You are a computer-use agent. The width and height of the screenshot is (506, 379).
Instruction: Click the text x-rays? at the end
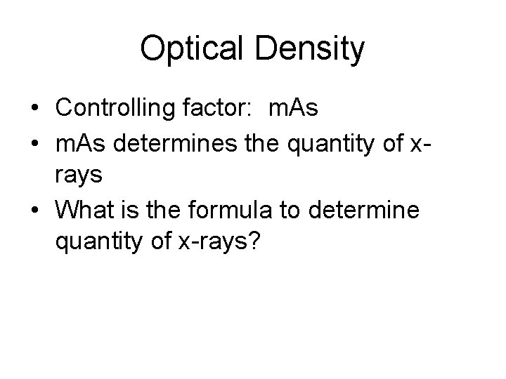tap(227, 243)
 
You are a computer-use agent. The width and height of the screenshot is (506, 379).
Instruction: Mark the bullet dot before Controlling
tap(34, 109)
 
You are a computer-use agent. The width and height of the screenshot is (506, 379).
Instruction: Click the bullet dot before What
tap(34, 209)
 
